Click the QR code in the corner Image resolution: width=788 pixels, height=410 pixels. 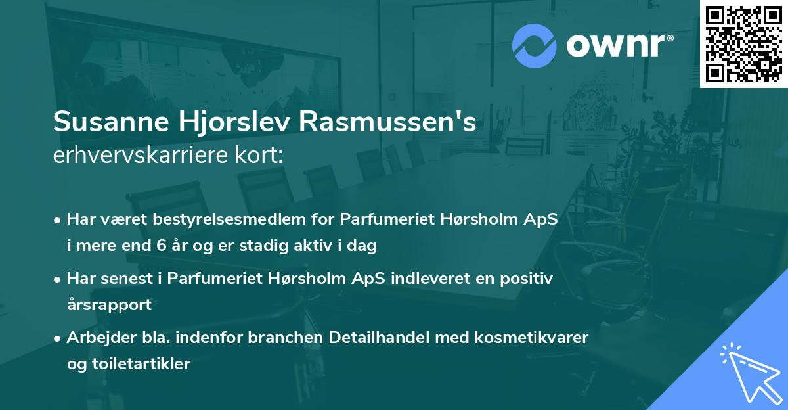744,44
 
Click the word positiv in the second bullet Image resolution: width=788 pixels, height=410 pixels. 529,279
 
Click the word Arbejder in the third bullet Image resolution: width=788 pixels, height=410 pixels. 96,337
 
